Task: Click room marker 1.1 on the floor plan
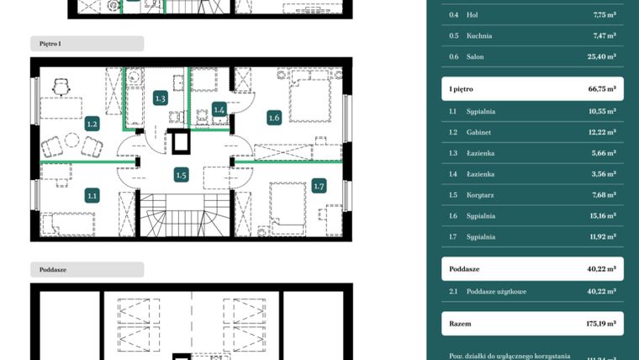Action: pyautogui.click(x=92, y=195)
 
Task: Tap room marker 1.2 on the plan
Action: pyautogui.click(x=92, y=124)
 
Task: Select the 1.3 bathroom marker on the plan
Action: pyautogui.click(x=161, y=98)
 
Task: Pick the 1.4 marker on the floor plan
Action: pyautogui.click(x=219, y=109)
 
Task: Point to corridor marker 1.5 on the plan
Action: pyautogui.click(x=181, y=175)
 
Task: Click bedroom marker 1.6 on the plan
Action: pyautogui.click(x=273, y=118)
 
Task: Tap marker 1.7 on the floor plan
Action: pyautogui.click(x=319, y=186)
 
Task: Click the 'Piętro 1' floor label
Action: pyautogui.click(x=51, y=43)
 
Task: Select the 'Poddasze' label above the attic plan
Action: pyautogui.click(x=53, y=269)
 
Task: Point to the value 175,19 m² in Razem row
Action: pyautogui.click(x=601, y=323)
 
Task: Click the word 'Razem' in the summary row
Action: pyautogui.click(x=460, y=323)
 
